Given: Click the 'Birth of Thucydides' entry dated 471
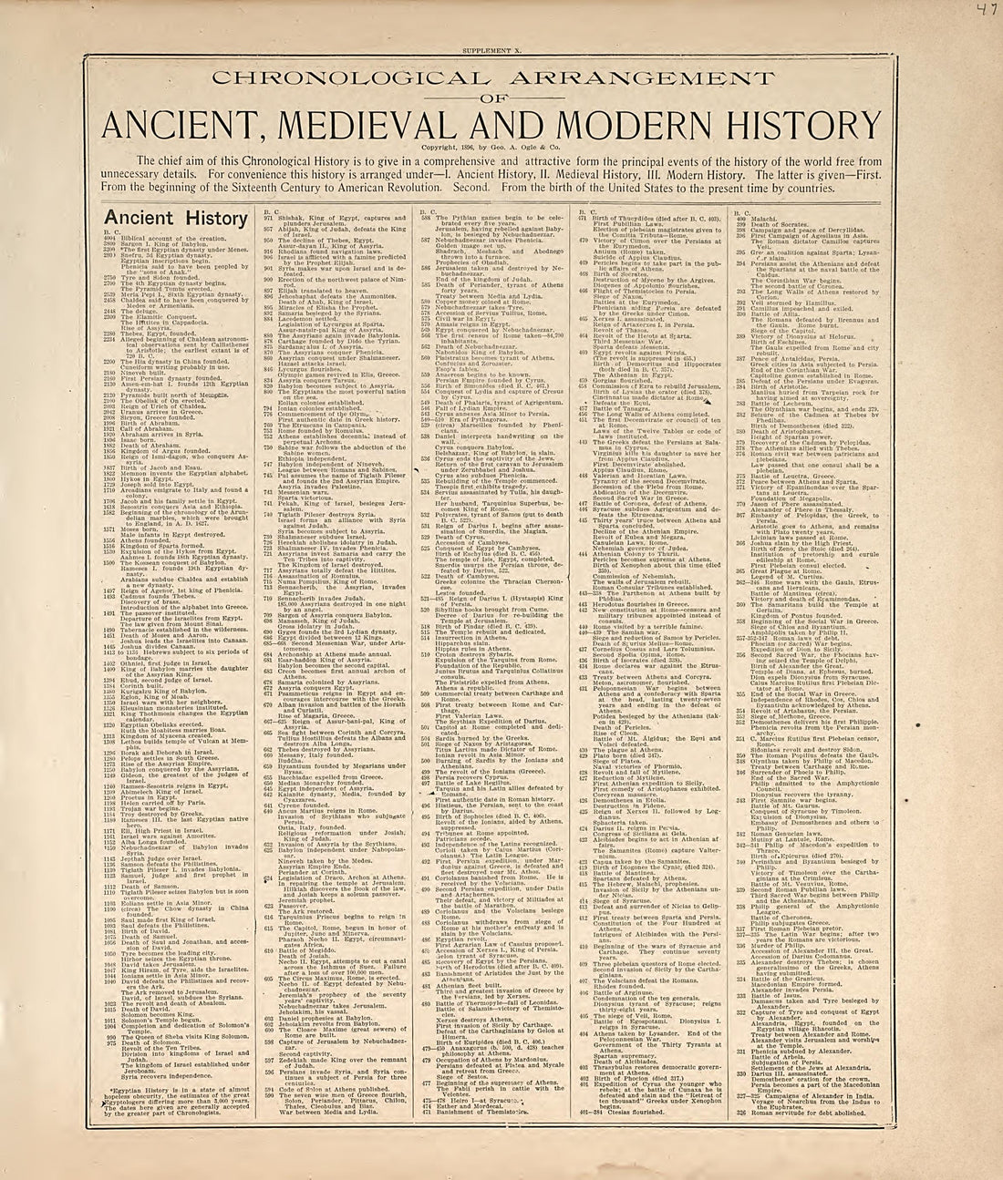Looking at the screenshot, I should [652, 220].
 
